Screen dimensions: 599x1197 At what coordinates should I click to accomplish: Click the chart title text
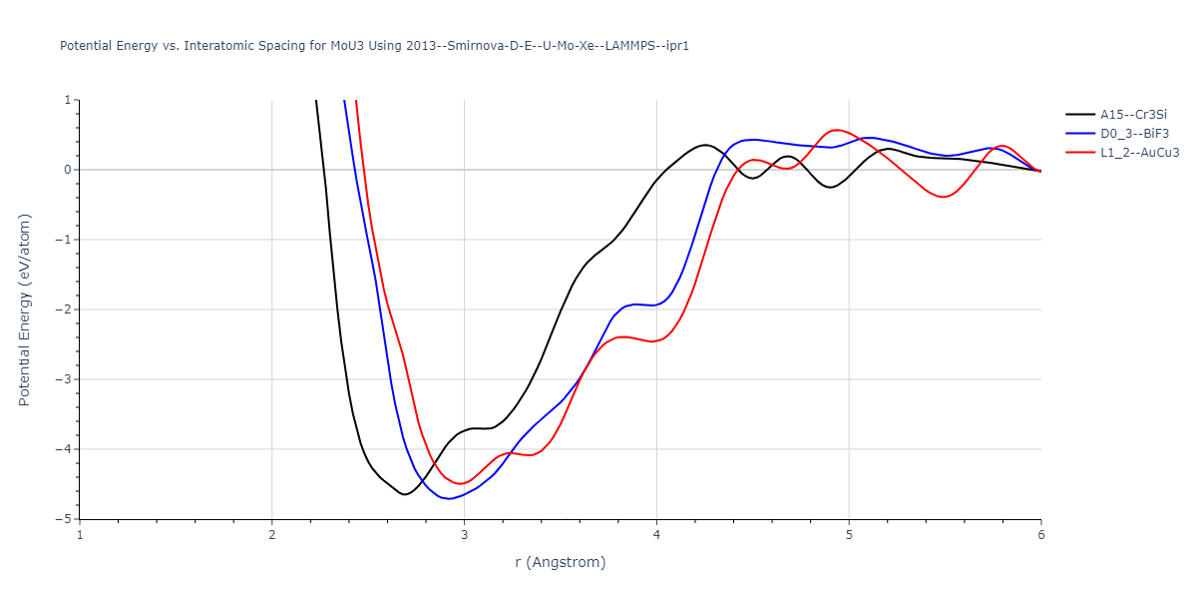[374, 46]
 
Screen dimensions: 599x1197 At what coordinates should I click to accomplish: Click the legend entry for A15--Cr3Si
[1133, 115]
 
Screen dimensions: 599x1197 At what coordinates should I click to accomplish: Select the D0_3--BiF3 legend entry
[1132, 134]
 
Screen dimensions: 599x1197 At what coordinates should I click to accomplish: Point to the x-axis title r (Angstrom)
[560, 562]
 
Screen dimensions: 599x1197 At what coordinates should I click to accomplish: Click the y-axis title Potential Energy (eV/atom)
[25, 309]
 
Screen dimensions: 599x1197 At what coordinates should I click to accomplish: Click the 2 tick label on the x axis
[272, 534]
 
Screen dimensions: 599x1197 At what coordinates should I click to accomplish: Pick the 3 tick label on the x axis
[465, 534]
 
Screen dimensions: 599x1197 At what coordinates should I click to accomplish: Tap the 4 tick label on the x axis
[656, 534]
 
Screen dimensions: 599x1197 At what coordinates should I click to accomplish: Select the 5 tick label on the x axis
[849, 534]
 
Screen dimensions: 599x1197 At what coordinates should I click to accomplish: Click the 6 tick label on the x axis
[1040, 534]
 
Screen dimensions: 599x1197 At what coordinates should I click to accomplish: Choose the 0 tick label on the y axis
[68, 170]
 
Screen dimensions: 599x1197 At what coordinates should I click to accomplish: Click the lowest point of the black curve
[405, 494]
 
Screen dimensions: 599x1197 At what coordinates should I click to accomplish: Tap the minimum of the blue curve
[450, 498]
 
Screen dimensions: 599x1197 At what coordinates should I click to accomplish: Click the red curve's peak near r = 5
[837, 130]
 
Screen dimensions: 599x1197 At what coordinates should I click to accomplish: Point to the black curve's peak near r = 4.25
[705, 145]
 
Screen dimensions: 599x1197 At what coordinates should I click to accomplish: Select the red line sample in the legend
[1079, 153]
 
